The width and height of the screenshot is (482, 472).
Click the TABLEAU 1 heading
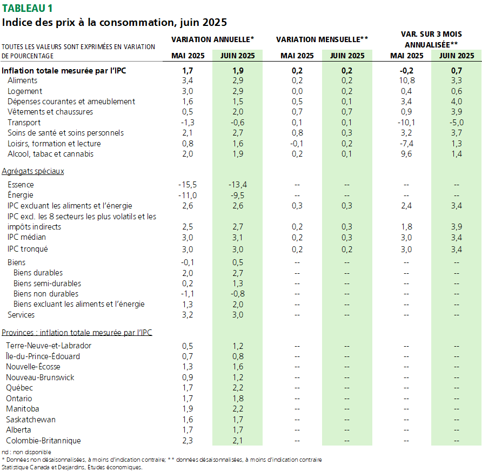[x=27, y=8]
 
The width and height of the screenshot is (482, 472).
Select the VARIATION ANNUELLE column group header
[x=213, y=39]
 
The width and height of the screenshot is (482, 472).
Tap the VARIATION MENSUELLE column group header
[x=322, y=39]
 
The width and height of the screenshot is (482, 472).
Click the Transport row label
[x=24, y=122]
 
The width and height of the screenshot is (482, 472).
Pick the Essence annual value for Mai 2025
[x=188, y=185]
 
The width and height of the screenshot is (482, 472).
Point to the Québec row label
[x=19, y=388]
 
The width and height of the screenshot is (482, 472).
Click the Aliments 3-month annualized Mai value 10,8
[x=406, y=80]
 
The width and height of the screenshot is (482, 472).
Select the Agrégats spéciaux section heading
[x=33, y=171]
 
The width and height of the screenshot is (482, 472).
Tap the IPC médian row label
[x=26, y=237]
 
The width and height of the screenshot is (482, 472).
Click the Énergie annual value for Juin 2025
[x=238, y=195]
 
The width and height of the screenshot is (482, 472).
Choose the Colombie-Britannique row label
[x=43, y=441]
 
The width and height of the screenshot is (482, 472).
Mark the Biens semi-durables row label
[x=48, y=284]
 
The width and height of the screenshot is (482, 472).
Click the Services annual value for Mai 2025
[x=188, y=315]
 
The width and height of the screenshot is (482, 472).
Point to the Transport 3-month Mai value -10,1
[x=406, y=122]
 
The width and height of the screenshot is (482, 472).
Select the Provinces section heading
[x=77, y=333]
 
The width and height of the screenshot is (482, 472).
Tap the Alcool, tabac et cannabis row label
[x=50, y=154]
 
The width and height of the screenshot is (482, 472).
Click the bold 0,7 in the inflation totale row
[x=457, y=71]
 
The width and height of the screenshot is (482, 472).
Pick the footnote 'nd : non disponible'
[x=26, y=452]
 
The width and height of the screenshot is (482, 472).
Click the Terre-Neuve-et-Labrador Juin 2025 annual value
[x=238, y=346]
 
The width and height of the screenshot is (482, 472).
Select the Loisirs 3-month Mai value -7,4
[x=406, y=144]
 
